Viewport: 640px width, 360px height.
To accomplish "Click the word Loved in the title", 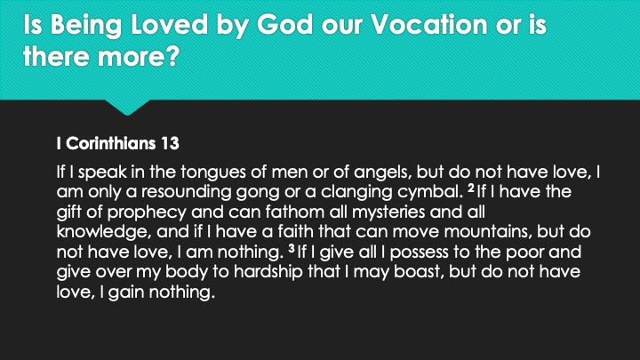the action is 169,24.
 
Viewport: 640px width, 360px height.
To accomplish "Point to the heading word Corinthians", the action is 111,143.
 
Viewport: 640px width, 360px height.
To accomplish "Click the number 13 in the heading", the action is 170,143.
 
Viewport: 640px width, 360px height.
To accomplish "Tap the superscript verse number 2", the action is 471,188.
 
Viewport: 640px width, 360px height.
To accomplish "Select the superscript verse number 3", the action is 292,248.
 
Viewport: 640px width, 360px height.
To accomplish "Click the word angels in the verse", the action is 381,172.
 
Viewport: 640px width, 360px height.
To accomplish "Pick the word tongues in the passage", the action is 213,172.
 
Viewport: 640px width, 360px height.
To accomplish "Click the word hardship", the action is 268,272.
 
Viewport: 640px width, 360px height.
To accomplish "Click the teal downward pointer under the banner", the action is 127,107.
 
